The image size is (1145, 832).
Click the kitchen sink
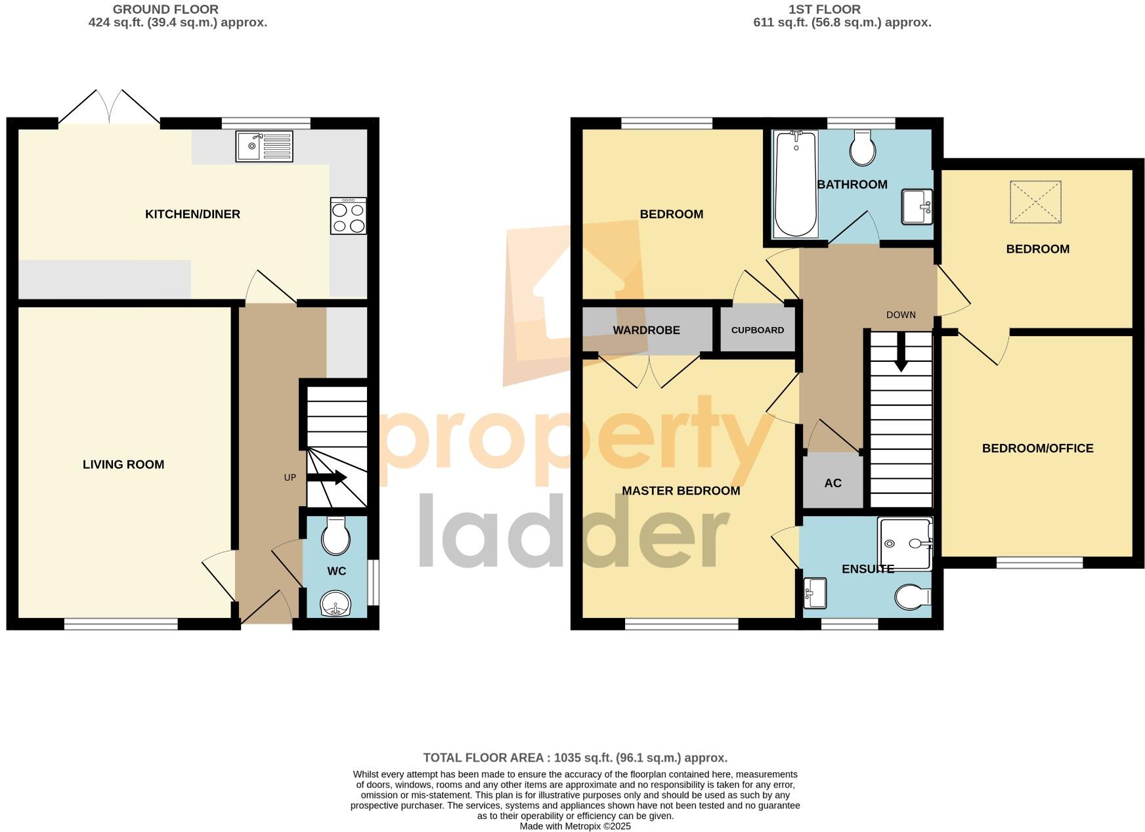(x=264, y=146)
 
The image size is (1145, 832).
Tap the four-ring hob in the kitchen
(x=349, y=217)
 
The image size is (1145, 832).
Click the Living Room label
(x=123, y=465)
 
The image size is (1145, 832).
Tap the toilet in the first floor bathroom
(x=862, y=148)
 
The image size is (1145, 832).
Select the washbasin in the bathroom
(x=917, y=206)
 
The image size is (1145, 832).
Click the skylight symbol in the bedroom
(x=1035, y=202)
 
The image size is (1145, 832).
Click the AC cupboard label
(x=832, y=483)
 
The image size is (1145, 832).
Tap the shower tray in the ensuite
(x=905, y=544)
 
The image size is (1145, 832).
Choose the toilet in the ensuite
(x=913, y=597)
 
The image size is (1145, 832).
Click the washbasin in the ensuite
(x=815, y=593)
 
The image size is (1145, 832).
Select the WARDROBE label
(x=646, y=330)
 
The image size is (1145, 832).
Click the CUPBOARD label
(x=758, y=330)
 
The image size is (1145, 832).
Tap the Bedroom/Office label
(x=1037, y=449)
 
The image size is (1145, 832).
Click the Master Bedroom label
(x=681, y=491)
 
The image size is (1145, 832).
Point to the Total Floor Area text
(x=575, y=758)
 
